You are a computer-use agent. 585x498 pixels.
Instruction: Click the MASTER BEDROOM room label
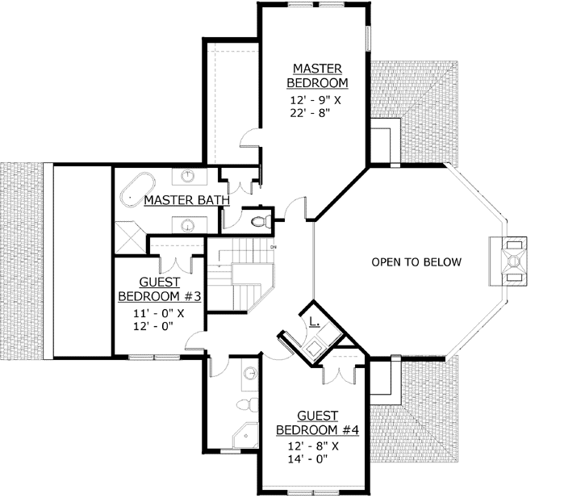click(320, 75)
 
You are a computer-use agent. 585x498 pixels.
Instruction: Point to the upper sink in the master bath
click(187, 174)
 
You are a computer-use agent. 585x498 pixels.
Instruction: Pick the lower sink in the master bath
click(187, 224)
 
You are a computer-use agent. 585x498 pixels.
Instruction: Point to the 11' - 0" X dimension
click(158, 313)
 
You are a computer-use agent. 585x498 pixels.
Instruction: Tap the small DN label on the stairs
click(274, 246)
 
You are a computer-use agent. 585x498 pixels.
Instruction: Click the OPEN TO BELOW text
click(416, 262)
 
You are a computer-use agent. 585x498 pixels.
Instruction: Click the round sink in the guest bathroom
click(250, 373)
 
